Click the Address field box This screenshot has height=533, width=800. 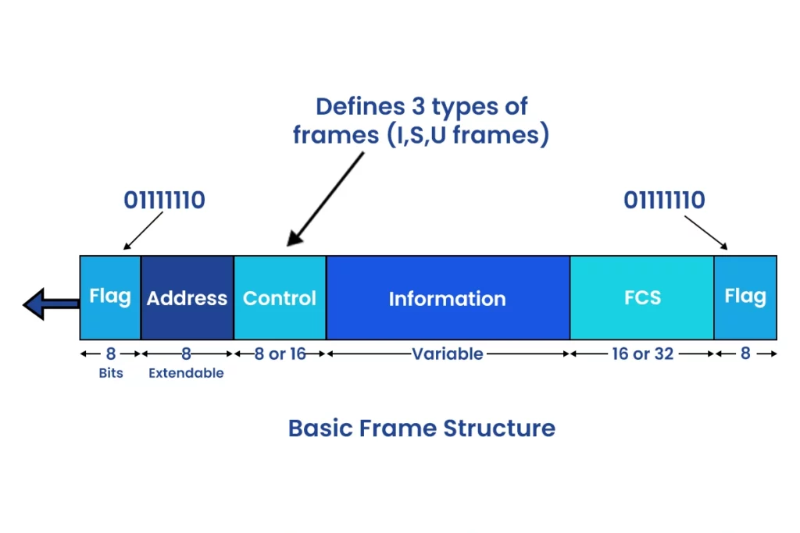point(187,297)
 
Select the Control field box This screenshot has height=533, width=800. point(280,297)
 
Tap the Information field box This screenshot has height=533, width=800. point(448,297)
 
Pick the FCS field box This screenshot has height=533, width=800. point(642,297)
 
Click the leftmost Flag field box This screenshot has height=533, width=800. point(110,297)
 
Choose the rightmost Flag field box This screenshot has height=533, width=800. point(745,297)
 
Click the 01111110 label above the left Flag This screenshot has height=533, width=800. point(164,201)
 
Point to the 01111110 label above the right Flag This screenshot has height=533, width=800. point(664,201)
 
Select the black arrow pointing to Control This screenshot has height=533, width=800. point(326,198)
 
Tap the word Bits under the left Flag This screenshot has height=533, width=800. point(110,372)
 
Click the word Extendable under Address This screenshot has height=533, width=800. point(187,373)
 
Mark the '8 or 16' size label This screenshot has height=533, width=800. point(280,354)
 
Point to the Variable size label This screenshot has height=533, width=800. point(448,354)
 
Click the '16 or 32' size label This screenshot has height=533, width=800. point(642,354)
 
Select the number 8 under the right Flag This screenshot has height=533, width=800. point(745,354)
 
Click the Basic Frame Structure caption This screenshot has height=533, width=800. point(422,428)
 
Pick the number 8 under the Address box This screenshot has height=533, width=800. point(187,354)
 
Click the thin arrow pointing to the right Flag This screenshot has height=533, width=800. point(707,232)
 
